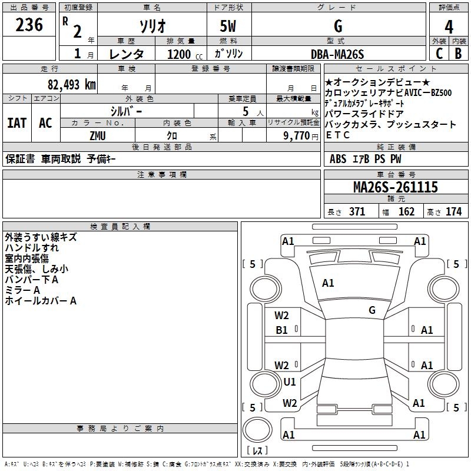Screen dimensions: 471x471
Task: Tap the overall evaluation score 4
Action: click(449, 26)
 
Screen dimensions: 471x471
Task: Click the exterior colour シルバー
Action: click(126, 111)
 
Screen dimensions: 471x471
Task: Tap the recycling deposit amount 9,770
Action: click(292, 135)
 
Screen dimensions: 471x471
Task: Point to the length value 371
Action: click(356, 212)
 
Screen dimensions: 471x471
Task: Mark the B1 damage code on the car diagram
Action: click(282, 330)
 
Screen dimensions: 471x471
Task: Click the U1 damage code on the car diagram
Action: click(290, 382)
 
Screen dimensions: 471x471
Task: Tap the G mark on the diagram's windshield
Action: click(372, 310)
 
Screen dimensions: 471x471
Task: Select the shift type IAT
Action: click(17, 123)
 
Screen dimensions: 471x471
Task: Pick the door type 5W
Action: click(229, 26)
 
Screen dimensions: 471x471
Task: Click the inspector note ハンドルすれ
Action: click(32, 248)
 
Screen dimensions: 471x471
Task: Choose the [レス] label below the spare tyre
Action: click(257, 451)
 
